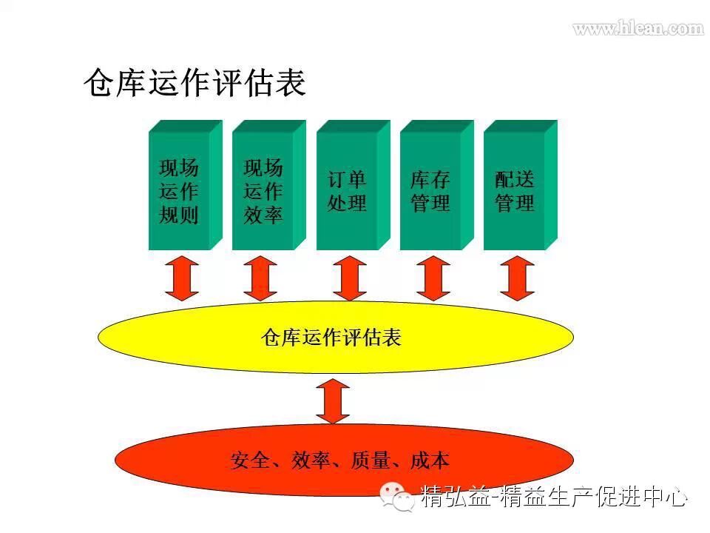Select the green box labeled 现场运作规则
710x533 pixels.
click(x=180, y=191)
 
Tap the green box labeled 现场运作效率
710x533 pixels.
click(x=263, y=191)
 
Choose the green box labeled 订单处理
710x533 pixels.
click(x=347, y=191)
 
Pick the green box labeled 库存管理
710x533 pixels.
click(x=430, y=191)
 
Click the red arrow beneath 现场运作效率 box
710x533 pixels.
click(x=260, y=278)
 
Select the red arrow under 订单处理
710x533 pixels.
click(x=349, y=278)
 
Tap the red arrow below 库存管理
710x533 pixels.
click(x=433, y=278)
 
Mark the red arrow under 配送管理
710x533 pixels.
click(x=517, y=278)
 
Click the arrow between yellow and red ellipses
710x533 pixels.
click(x=333, y=400)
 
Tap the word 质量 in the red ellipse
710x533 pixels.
click(x=371, y=460)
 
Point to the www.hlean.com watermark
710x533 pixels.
click(x=638, y=29)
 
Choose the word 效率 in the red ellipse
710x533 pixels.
click(x=310, y=460)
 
